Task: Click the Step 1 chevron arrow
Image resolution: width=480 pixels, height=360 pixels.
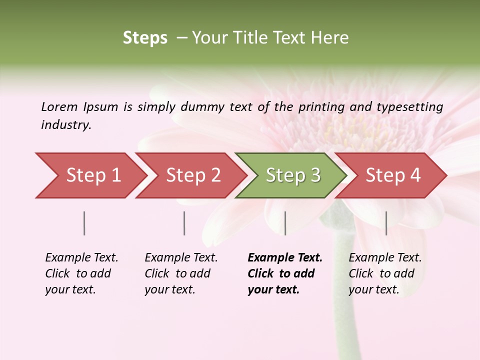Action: pos(93,175)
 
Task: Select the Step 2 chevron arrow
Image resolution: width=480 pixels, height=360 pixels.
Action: pos(193,175)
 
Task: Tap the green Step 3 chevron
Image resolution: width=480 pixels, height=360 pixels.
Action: pos(292,175)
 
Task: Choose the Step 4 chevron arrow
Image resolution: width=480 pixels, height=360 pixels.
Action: pos(392,175)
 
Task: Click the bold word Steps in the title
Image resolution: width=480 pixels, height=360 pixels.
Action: pos(145,38)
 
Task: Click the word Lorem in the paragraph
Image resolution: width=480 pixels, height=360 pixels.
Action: pos(59,106)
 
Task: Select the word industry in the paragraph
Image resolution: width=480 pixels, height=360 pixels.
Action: pos(65,125)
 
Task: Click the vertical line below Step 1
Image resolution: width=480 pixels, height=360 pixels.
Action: pos(84,223)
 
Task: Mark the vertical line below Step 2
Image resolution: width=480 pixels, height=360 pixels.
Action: pos(184,223)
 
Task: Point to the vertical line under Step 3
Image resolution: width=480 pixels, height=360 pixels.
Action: pos(285,223)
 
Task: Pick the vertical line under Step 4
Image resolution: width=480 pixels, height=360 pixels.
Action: pos(386,223)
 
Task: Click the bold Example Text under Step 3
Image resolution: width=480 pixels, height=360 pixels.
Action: pos(285,258)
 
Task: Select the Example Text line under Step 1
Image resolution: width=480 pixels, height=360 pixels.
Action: pos(81,258)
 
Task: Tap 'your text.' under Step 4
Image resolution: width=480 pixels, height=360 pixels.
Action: pos(373,289)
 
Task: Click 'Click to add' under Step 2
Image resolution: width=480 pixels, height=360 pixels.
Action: pos(177,273)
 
